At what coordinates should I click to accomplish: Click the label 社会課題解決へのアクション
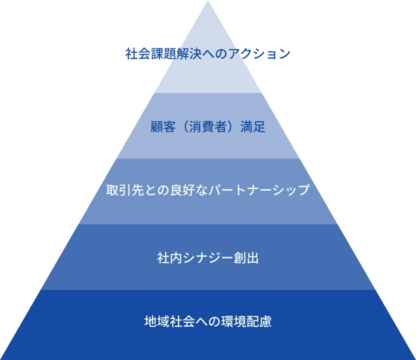[208, 54]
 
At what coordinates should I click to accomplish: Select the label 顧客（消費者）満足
[208, 127]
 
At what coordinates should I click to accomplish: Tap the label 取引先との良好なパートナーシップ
[208, 190]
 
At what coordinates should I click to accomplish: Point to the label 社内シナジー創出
[208, 258]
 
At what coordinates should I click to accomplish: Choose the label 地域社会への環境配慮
[208, 322]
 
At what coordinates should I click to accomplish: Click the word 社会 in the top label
[138, 54]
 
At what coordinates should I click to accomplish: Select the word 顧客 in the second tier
[163, 127]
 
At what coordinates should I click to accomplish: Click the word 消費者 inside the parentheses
[208, 127]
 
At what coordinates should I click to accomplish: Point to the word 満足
[253, 127]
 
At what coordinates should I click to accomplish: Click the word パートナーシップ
[259, 190]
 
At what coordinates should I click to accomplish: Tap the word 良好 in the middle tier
[183, 190]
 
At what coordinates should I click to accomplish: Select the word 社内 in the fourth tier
[170, 258]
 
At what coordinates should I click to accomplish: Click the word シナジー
[208, 258]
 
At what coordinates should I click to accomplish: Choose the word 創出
[246, 258]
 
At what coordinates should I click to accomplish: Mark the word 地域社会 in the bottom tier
[170, 322]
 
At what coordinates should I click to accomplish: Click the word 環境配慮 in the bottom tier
[246, 322]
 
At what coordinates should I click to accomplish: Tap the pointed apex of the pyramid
[208, 1]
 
